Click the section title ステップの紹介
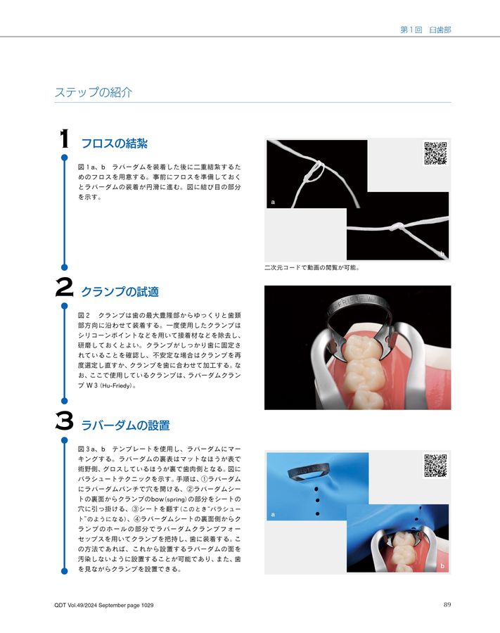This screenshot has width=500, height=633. click(93, 92)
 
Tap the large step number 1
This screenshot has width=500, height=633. click(63, 139)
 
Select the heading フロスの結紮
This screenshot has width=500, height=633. click(115, 144)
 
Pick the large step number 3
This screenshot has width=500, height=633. click(64, 423)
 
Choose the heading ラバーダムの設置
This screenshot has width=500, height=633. click(125, 426)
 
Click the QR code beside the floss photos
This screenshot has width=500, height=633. click(435, 153)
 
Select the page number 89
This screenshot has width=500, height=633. click(447, 605)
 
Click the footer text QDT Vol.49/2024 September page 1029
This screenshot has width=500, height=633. click(103, 606)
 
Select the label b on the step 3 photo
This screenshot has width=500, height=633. click(442, 566)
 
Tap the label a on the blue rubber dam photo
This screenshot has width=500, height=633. click(273, 515)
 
